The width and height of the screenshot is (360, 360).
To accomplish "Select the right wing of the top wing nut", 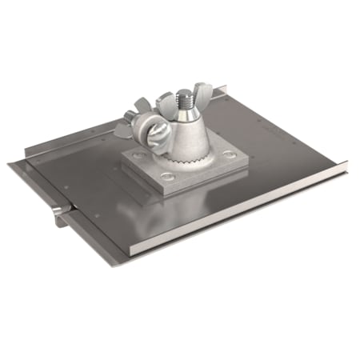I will [202, 89].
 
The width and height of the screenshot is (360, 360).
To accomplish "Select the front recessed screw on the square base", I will [168, 177].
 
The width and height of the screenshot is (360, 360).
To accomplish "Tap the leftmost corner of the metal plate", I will [10, 164].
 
